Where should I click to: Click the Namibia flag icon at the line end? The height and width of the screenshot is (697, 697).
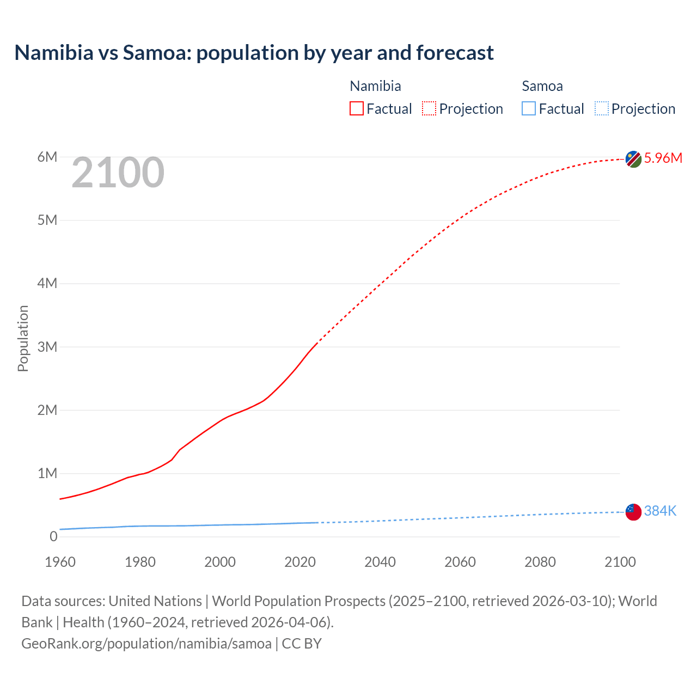[633, 159]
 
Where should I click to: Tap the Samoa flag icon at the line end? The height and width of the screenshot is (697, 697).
[633, 512]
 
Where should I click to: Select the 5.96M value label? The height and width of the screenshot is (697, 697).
[663, 158]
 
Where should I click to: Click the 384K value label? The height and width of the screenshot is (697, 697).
[660, 511]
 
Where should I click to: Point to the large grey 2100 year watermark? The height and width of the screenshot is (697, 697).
[118, 173]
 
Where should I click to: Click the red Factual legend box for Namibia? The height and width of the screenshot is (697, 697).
[357, 109]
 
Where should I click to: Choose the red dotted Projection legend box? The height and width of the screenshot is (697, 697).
[429, 109]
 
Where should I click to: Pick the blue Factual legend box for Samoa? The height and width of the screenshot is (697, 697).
[529, 109]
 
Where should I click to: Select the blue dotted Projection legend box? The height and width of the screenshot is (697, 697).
[602, 109]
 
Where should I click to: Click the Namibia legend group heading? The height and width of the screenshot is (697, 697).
[375, 86]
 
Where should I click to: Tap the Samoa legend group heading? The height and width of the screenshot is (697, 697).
[542, 86]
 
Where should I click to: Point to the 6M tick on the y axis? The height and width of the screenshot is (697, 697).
[47, 157]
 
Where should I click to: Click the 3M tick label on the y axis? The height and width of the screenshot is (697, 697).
[47, 347]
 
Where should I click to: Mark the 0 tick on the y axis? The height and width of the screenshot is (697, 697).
[53, 536]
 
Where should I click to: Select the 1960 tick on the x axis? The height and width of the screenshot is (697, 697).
[60, 562]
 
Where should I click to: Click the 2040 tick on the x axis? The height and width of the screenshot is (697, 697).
[380, 562]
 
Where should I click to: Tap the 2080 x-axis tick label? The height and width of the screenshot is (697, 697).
[540, 562]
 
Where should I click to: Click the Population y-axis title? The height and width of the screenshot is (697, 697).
[23, 338]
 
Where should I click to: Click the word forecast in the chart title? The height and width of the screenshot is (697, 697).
[455, 53]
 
